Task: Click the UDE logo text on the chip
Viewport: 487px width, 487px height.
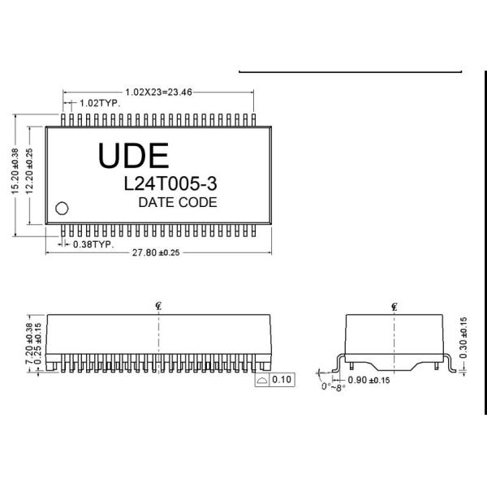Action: (x=134, y=155)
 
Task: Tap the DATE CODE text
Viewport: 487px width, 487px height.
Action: (x=178, y=202)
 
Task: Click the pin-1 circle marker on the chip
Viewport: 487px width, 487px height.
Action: (x=61, y=207)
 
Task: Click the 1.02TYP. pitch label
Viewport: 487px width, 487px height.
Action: (x=100, y=104)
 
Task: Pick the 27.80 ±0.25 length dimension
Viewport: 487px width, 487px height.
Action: (x=156, y=253)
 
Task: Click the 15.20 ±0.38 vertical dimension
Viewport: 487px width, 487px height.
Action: (x=14, y=170)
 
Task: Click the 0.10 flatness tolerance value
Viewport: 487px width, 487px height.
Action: (x=282, y=379)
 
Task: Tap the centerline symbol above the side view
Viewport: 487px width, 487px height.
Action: (x=159, y=306)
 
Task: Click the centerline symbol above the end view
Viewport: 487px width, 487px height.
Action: (x=394, y=306)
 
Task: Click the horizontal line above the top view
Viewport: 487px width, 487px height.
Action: (x=350, y=72)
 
